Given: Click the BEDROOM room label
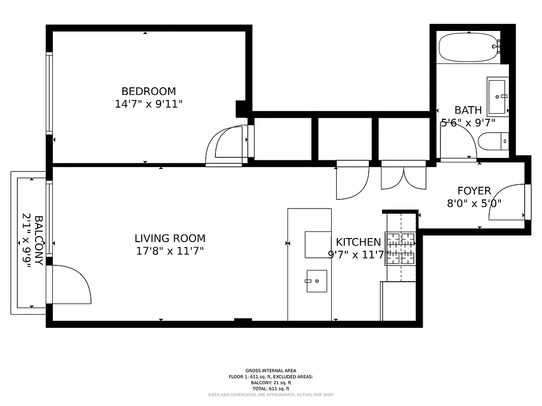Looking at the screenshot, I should click(148, 91).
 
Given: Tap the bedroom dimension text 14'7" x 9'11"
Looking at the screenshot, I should click(148, 105).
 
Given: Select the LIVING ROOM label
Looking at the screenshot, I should click(170, 238).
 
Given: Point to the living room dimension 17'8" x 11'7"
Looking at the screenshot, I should click(170, 251).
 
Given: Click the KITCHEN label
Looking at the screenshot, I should click(358, 242).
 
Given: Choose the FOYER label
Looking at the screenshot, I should click(474, 191).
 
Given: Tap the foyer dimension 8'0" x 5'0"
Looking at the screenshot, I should click(474, 204).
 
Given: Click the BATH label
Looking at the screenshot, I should click(468, 110).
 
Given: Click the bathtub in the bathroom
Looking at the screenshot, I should click(469, 47).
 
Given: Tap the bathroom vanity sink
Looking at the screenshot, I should click(497, 96).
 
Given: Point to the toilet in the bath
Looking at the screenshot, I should click(493, 141).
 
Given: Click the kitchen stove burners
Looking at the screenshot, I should click(400, 249).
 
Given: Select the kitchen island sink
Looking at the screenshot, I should click(316, 281).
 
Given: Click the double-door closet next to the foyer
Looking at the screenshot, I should click(403, 176).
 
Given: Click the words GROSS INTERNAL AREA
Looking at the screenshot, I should click(271, 370).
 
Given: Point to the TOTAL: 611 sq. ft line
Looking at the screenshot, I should click(271, 388).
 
